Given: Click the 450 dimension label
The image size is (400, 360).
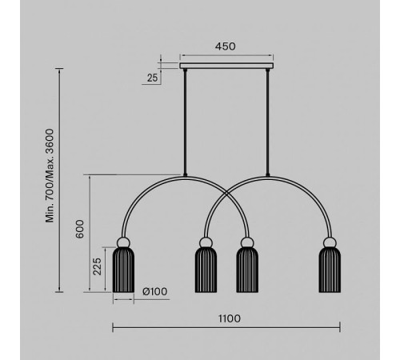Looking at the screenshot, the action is [x=226, y=46].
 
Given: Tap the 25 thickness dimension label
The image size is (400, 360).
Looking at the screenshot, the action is [x=153, y=78].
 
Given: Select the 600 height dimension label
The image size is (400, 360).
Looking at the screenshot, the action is [x=80, y=229].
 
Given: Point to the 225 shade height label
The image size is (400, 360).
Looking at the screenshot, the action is [x=97, y=266].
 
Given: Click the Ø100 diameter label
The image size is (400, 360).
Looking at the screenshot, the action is [x=155, y=291].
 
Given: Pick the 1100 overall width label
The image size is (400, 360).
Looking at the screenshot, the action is [x=230, y=318].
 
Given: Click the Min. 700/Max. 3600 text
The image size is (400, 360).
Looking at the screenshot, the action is [x=50, y=175].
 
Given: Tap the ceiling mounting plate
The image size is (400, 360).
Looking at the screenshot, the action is [x=226, y=66].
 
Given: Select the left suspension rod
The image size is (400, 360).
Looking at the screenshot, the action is [x=185, y=122].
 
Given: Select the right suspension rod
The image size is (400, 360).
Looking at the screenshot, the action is [x=267, y=122].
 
